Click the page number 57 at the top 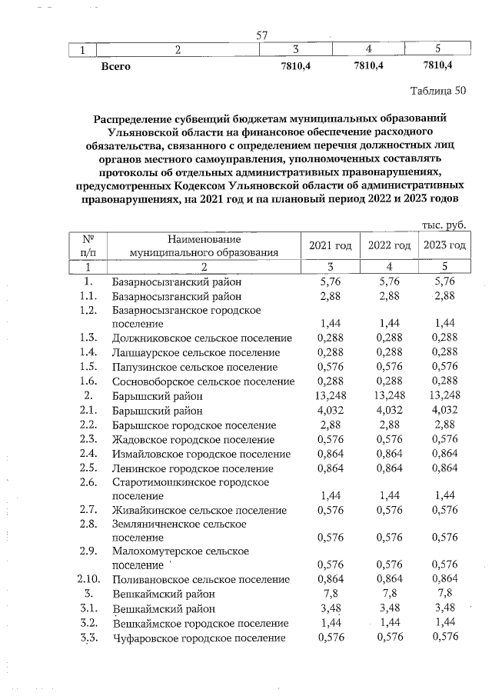261,35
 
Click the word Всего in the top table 116,66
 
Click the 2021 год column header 330,245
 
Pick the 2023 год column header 444,245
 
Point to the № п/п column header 88,245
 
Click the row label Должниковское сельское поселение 201,338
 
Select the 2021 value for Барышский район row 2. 330,396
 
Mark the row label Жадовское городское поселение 193,440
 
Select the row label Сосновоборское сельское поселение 203,381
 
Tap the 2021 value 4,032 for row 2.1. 330,411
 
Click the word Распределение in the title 140,119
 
